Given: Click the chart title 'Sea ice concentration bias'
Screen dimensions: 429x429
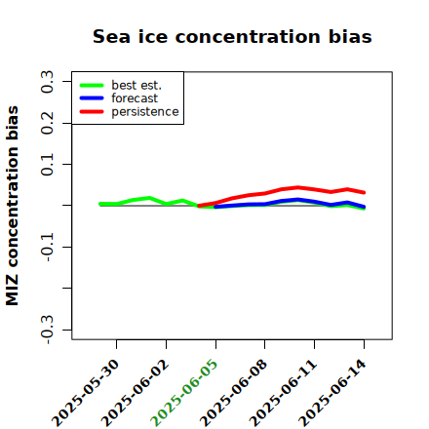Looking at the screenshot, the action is [x=232, y=36].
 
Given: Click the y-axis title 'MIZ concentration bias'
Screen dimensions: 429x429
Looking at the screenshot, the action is [x=13, y=206].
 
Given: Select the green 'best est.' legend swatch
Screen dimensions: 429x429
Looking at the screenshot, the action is [x=92, y=85].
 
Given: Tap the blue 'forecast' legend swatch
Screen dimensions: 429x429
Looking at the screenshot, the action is [x=92, y=98].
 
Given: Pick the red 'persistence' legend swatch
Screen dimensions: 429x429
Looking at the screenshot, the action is [x=92, y=111].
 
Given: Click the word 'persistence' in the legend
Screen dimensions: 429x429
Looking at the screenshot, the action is [x=145, y=112].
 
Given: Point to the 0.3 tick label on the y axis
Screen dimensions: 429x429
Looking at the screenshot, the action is [x=47, y=82].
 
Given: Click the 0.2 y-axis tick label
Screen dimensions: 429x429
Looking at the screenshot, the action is [x=47, y=123].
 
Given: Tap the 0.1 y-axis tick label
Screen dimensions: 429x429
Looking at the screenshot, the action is [x=47, y=165].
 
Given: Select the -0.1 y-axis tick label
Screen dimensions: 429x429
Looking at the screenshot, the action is [x=47, y=247].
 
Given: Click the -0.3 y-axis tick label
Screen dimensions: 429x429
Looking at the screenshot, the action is [x=47, y=330].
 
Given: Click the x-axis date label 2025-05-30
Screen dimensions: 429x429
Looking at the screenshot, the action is [x=85, y=393].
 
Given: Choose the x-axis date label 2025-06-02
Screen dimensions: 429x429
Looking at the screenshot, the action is [x=135, y=393].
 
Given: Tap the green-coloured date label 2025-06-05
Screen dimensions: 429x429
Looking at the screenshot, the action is [x=184, y=393].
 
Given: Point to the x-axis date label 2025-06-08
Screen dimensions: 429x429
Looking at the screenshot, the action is [x=234, y=393].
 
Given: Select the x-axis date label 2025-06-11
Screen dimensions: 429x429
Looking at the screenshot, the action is [x=283, y=393].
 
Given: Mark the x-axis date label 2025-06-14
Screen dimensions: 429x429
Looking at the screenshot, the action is [x=332, y=393].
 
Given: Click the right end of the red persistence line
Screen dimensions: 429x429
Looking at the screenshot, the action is [x=364, y=193].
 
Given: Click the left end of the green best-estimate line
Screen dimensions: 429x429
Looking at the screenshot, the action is [x=100, y=204].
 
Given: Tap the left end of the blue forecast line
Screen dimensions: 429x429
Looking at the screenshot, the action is [x=215, y=207].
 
